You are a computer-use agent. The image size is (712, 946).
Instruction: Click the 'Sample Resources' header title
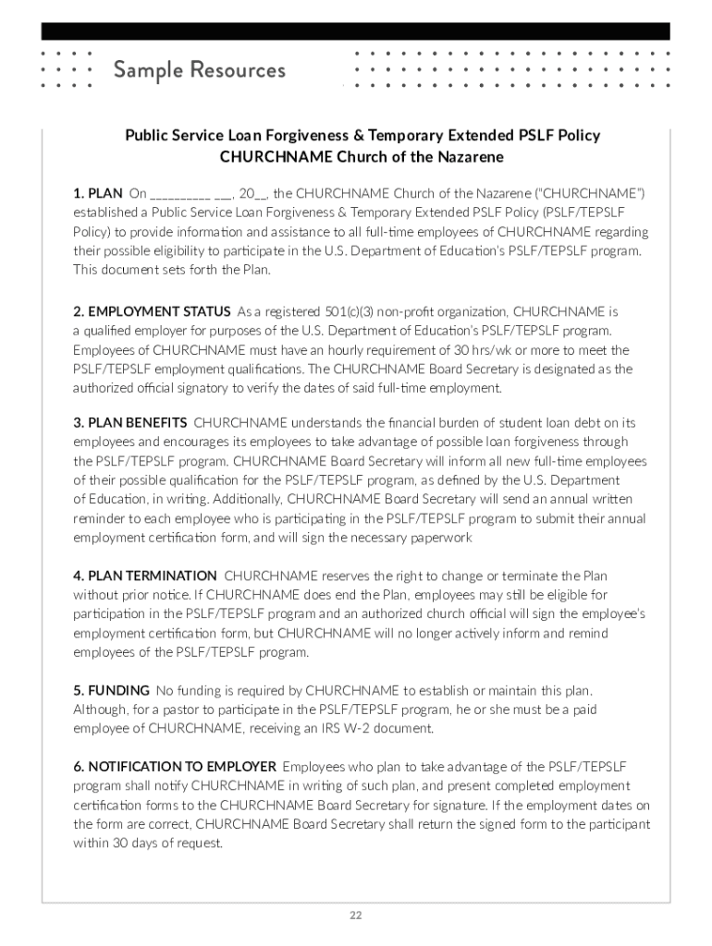click(199, 70)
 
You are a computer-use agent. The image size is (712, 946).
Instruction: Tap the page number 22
click(355, 916)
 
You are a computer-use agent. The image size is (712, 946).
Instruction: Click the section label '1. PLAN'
click(97, 193)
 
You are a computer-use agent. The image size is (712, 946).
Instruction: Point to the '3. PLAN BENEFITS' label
click(129, 422)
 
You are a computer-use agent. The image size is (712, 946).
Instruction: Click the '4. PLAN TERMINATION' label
click(145, 576)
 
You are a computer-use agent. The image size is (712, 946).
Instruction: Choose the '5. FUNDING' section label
click(111, 690)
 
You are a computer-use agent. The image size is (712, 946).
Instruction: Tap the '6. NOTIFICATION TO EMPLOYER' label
click(175, 766)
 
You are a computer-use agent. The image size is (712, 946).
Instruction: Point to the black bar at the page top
click(355, 31)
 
